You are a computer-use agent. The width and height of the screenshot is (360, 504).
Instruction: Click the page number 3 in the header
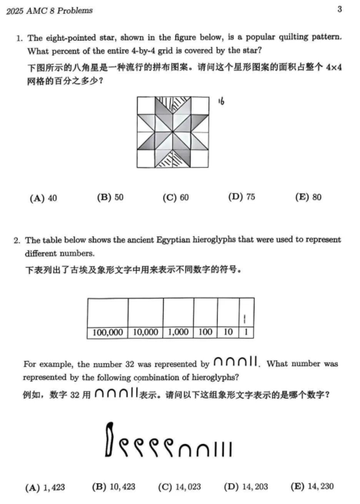339,9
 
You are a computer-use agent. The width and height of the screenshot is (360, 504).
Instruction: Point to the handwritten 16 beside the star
221,100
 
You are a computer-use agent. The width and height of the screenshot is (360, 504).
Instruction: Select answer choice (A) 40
43,198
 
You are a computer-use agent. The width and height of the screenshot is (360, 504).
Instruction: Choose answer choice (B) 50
110,197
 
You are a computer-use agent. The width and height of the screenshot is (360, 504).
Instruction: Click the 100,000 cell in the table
108,333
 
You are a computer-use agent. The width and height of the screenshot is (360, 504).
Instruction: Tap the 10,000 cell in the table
147,333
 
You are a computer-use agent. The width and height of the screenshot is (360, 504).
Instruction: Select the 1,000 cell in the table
178,333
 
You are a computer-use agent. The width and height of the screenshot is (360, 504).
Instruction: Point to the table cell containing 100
205,333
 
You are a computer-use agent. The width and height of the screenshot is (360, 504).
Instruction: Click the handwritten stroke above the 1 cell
245,317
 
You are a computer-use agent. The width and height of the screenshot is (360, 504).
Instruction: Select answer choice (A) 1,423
43,487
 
